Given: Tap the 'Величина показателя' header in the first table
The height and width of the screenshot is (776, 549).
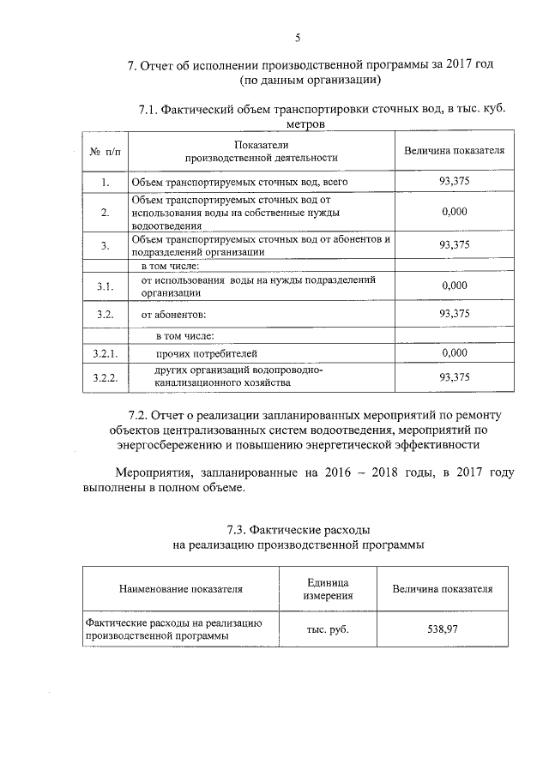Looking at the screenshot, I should click(454, 151).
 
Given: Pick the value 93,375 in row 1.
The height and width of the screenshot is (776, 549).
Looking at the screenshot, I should click(454, 182).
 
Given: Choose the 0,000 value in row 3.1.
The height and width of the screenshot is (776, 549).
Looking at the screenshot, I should click(454, 286).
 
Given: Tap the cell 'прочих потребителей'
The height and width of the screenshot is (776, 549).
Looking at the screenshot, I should click(206, 352).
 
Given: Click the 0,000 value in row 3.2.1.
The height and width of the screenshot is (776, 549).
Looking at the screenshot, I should click(454, 352).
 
